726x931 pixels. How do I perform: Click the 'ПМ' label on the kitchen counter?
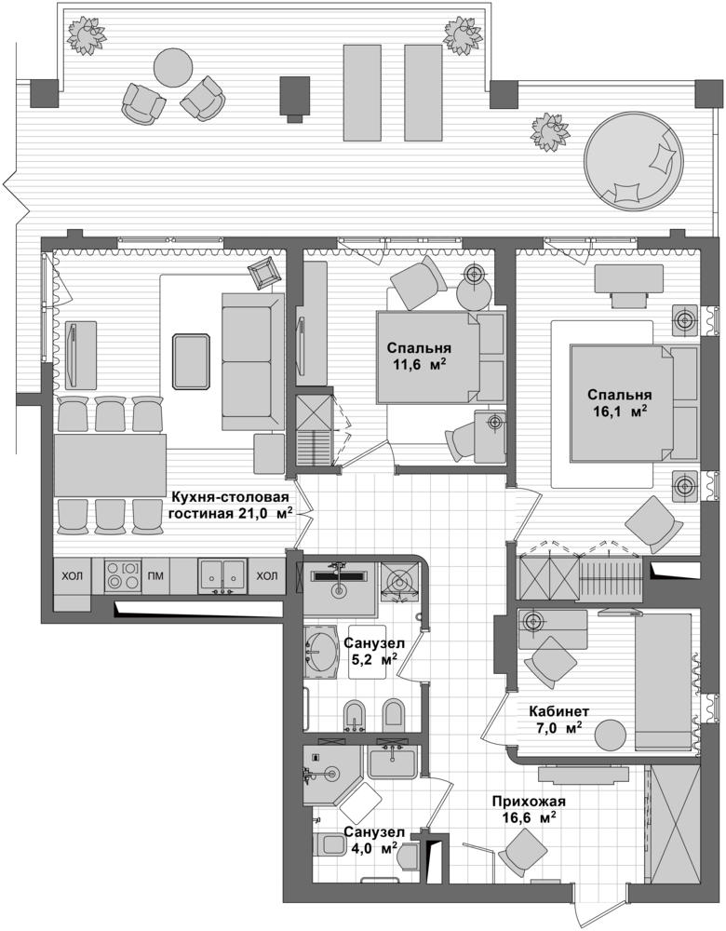point(155,575)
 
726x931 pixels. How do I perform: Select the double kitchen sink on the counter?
point(222,575)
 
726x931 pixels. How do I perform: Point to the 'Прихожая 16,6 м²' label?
point(529,810)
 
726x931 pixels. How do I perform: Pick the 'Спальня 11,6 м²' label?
point(419,357)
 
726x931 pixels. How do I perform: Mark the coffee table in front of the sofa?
point(192,361)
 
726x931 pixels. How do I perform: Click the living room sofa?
point(253,361)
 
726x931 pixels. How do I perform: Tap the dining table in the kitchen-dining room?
point(111,465)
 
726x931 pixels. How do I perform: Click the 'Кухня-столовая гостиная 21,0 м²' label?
point(231,506)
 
